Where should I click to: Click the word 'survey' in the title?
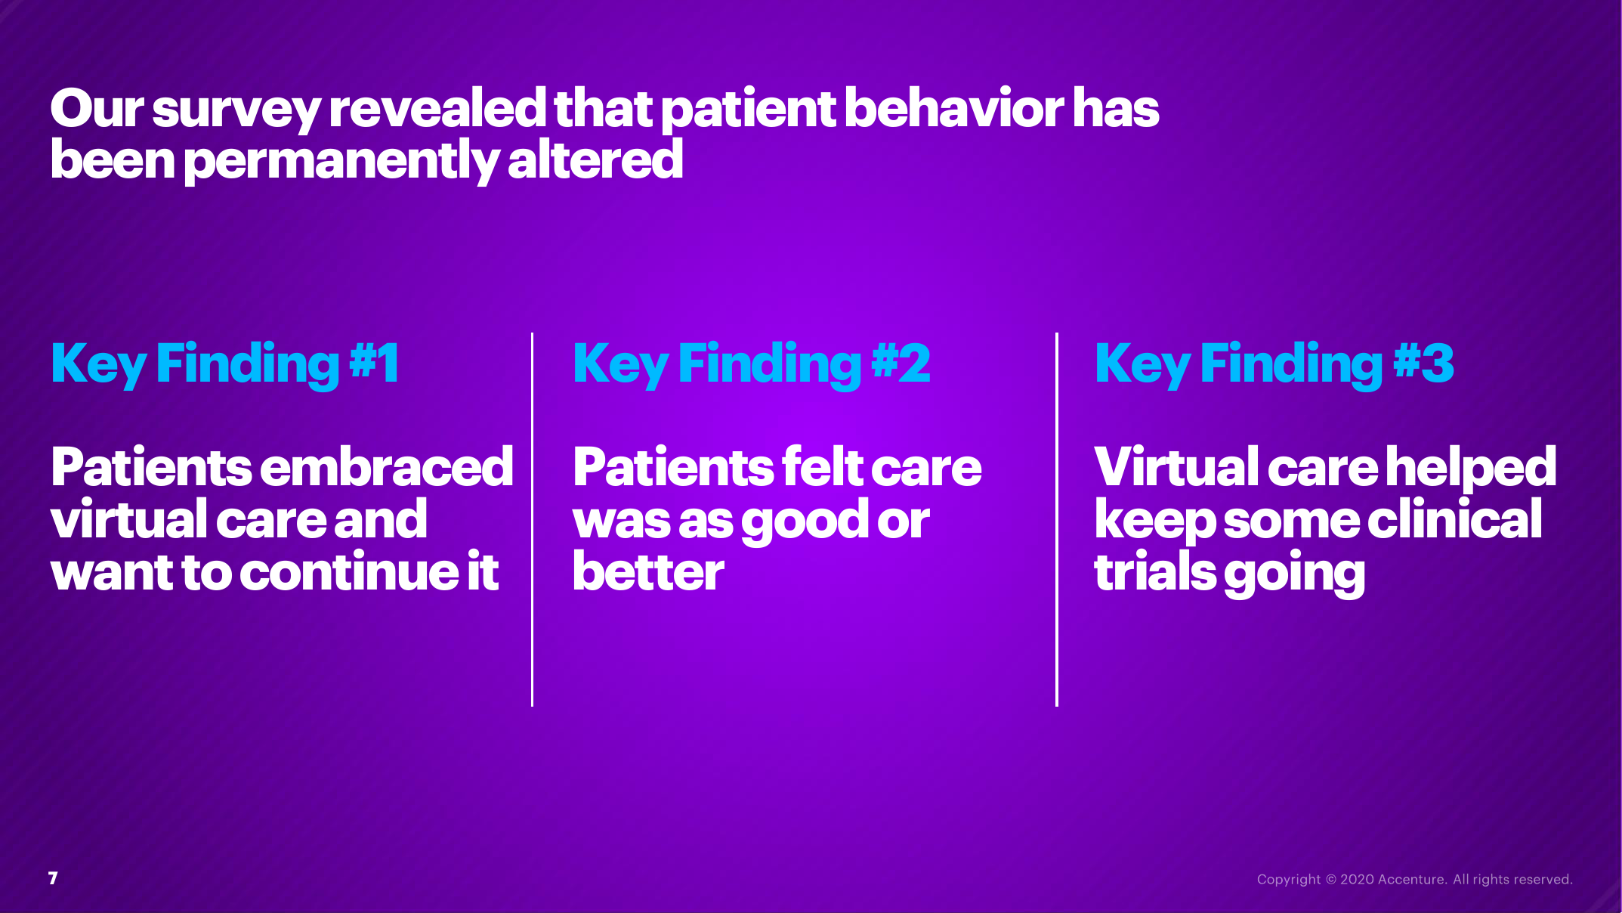click(x=236, y=110)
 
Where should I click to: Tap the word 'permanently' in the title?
click(x=341, y=162)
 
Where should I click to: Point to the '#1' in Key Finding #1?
click(x=374, y=363)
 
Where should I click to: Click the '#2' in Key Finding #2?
click(x=901, y=363)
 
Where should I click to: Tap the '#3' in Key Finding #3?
click(x=1423, y=363)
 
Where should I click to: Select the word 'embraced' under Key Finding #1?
click(x=387, y=466)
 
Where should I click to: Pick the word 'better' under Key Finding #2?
click(x=648, y=571)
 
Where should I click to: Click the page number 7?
click(x=53, y=878)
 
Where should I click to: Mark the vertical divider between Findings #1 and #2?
click(x=533, y=520)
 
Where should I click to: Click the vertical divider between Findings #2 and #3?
click(x=1057, y=520)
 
